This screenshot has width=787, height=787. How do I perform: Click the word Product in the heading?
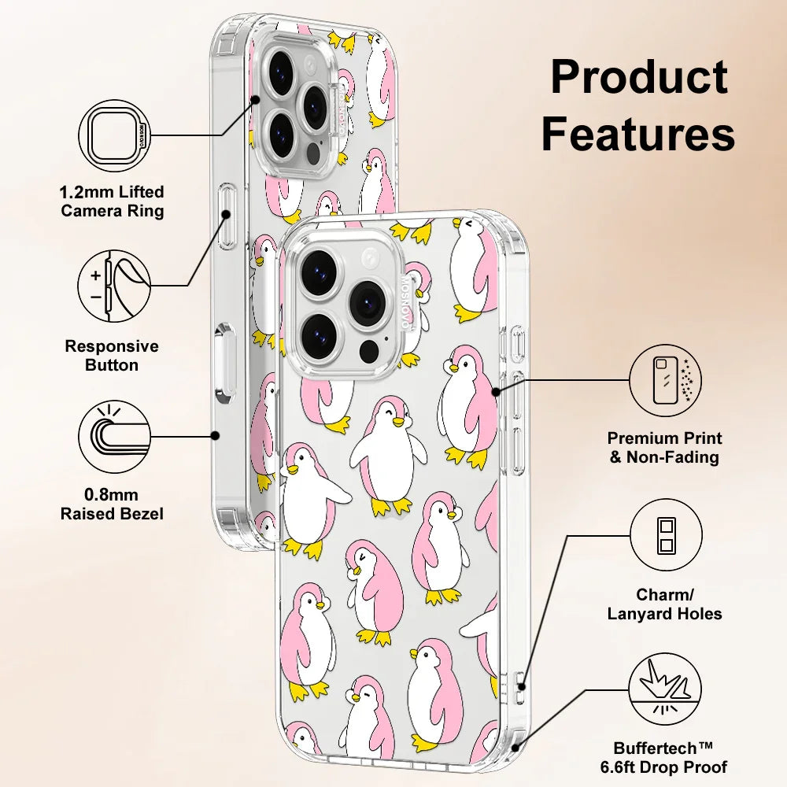pyautogui.click(x=638, y=79)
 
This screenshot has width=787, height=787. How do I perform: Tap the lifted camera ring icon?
pyautogui.click(x=114, y=135)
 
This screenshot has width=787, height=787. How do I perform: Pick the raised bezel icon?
pyautogui.click(x=114, y=435)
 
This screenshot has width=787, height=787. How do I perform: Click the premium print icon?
pyautogui.click(x=666, y=379)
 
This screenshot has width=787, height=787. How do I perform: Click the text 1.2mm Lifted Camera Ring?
pyautogui.click(x=113, y=201)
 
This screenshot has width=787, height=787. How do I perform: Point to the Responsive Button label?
pyautogui.click(x=112, y=356)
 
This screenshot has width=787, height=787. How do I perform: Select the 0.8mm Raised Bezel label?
pyautogui.click(x=112, y=504)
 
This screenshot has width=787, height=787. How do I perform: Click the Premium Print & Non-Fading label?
pyautogui.click(x=665, y=447)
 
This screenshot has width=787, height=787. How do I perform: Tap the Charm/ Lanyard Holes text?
pyautogui.click(x=665, y=604)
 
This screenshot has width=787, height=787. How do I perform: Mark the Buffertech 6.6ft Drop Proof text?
pyautogui.click(x=671, y=757)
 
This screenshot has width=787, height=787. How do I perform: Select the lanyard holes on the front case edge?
pyautogui.click(x=520, y=682)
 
